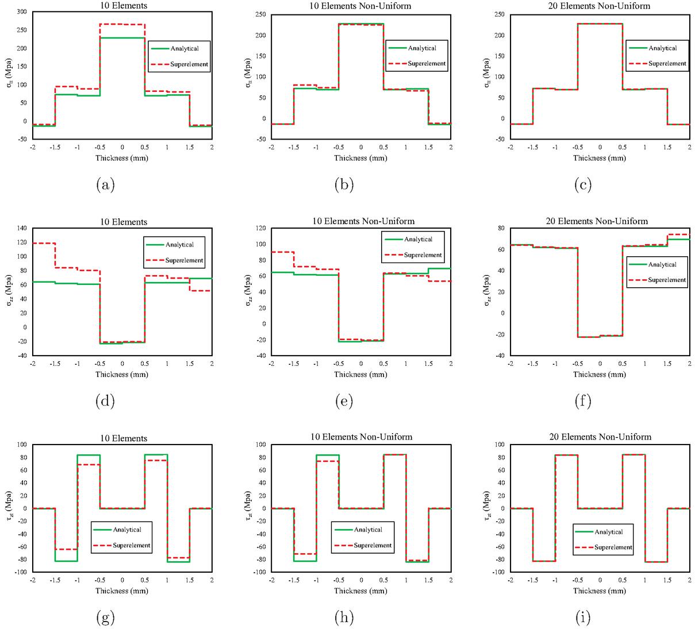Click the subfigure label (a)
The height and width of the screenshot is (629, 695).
point(105,185)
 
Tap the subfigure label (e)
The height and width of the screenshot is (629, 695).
point(344,402)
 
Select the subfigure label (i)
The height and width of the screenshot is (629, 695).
point(583,618)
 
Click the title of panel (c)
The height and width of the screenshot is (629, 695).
point(600,6)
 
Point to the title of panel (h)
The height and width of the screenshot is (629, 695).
point(361,437)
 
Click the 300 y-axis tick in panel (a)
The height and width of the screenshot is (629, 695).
point(21,11)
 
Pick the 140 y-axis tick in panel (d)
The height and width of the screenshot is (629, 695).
point(21,228)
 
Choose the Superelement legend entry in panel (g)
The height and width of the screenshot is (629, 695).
point(132,546)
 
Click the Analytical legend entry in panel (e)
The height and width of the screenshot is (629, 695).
point(418,240)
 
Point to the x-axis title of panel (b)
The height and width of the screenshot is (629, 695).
point(360,158)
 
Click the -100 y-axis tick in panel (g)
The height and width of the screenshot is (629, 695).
point(21,572)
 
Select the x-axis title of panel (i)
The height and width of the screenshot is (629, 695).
point(600,591)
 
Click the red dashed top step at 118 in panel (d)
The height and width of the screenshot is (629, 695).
point(44,244)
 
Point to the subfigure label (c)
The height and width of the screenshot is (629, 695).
point(583,185)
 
